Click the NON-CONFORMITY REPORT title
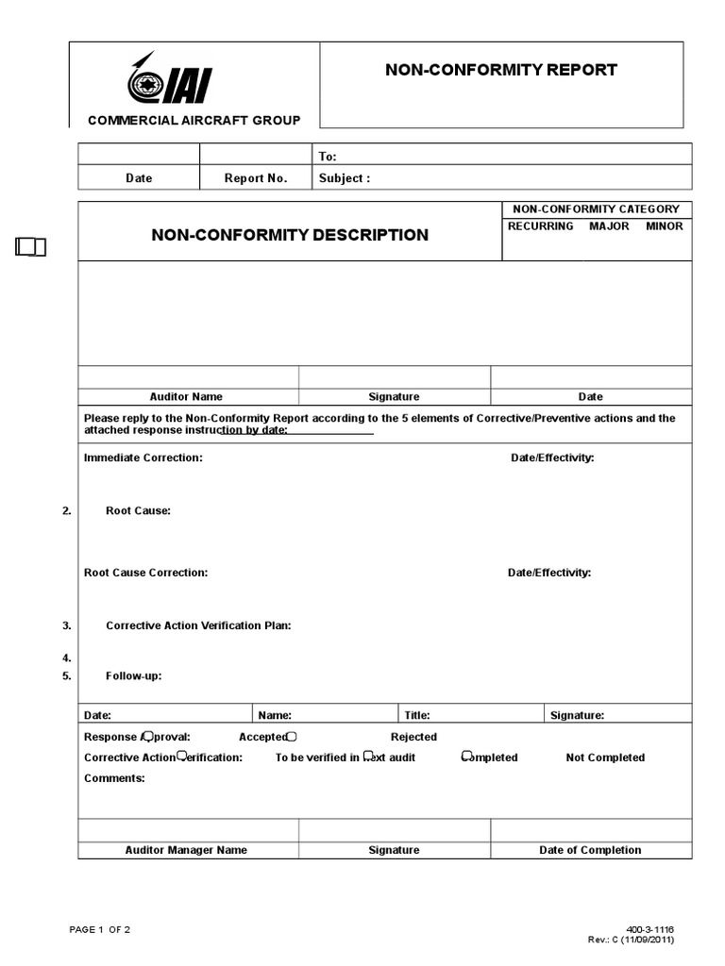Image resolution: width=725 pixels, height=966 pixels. click(500, 70)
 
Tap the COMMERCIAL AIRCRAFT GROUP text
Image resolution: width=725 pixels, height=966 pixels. click(194, 120)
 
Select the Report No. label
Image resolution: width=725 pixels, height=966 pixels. click(256, 178)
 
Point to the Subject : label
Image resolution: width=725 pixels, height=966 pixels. click(345, 178)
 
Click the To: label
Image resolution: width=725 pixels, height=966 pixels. click(328, 157)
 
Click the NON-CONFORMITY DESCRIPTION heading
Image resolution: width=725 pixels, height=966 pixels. click(290, 235)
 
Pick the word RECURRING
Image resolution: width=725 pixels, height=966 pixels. click(540, 226)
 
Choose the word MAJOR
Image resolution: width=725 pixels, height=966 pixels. click(609, 226)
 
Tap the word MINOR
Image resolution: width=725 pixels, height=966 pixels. click(665, 226)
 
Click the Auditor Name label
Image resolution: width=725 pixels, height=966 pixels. click(186, 397)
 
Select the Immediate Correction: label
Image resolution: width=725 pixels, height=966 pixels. click(143, 458)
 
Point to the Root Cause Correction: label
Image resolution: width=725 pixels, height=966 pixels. click(146, 573)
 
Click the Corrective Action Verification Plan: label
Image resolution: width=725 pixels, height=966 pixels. click(198, 625)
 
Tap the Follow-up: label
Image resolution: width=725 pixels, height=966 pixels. click(134, 676)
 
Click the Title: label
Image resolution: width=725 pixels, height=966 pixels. click(417, 716)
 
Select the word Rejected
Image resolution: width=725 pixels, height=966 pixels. click(413, 737)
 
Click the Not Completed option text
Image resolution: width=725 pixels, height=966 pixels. click(605, 758)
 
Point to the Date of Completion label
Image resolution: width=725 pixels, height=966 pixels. click(590, 850)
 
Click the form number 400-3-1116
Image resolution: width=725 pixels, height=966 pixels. click(650, 930)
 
